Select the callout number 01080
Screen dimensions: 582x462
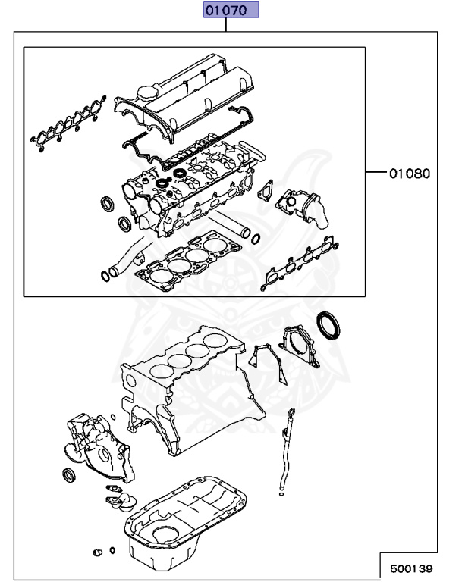(410, 173)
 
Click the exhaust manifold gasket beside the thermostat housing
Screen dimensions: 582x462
(300, 259)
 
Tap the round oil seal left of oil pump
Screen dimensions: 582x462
(69, 476)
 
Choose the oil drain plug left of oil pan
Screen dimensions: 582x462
(97, 551)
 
